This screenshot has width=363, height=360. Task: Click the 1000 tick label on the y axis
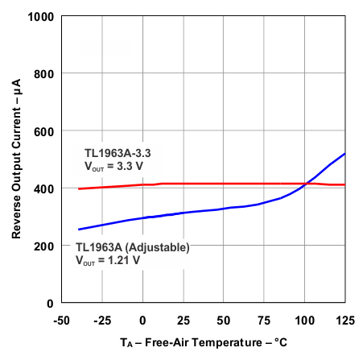click(41, 17)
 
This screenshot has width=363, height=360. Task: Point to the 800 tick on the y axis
click(44, 74)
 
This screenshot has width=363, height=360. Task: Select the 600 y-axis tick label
click(44, 131)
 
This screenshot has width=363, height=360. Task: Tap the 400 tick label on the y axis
click(44, 188)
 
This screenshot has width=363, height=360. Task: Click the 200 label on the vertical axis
click(44, 246)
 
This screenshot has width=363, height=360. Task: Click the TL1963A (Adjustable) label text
click(132, 247)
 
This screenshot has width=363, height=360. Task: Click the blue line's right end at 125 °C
click(345, 153)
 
